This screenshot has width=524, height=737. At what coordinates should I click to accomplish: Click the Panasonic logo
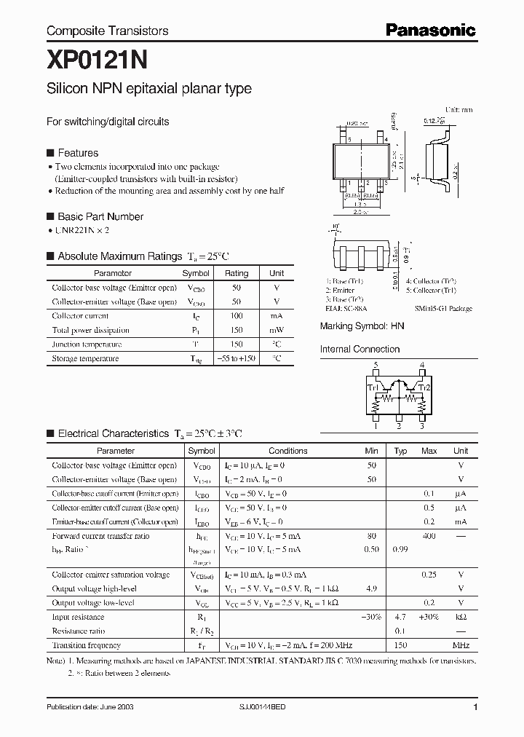[x=430, y=30]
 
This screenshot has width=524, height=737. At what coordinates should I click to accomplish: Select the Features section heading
[x=77, y=153]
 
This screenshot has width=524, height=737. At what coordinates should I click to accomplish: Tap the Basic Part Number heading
[x=100, y=216]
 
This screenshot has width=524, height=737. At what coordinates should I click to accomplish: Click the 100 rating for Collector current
[x=237, y=316]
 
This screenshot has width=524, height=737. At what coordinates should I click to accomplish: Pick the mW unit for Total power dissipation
[x=277, y=330]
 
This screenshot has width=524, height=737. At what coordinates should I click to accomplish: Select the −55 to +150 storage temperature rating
[x=237, y=358]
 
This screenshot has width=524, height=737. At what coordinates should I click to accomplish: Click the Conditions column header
[x=287, y=451]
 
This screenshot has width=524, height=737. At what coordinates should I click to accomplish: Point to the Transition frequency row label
[x=86, y=645]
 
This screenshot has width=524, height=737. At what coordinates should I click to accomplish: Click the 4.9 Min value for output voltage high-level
[x=371, y=588]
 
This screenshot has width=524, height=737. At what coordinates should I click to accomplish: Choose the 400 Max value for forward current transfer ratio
[x=429, y=536]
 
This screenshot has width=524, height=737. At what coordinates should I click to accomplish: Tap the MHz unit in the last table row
[x=460, y=645]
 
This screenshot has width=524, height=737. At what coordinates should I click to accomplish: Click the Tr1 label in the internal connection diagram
[x=371, y=387]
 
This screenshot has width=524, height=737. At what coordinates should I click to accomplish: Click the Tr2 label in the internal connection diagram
[x=427, y=387]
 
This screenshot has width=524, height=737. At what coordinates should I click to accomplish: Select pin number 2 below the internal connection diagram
[x=399, y=426]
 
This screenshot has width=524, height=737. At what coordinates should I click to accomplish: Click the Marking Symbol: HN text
[x=362, y=327]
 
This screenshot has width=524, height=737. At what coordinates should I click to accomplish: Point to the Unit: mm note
[x=458, y=109]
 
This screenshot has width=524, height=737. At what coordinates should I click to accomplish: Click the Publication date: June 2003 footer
[x=90, y=708]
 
